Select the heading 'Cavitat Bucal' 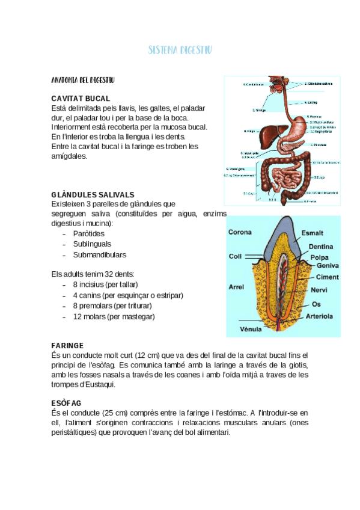[x=81, y=98]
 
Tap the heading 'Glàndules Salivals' [x=93, y=195]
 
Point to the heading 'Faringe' [x=67, y=346]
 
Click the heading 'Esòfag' [x=66, y=402]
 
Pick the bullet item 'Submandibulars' [x=100, y=254]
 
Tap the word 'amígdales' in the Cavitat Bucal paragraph [x=69, y=156]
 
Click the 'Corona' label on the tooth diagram [x=240, y=232]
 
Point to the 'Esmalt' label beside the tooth [x=312, y=233]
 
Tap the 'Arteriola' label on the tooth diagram [x=320, y=316]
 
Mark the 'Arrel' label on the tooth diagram [x=236, y=287]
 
